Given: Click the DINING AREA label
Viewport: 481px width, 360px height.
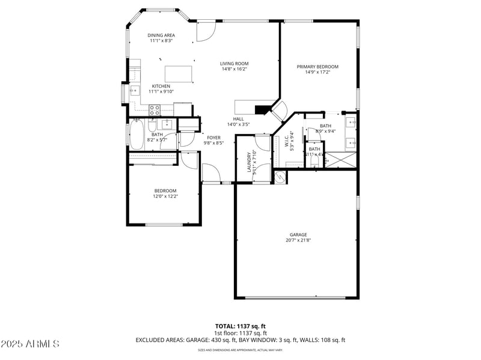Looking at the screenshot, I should click(x=161, y=35).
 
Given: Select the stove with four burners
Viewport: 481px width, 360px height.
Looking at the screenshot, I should click(x=154, y=109).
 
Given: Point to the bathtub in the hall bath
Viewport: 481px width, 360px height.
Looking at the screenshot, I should click(x=137, y=135).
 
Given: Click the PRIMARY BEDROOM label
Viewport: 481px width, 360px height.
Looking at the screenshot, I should click(x=317, y=67).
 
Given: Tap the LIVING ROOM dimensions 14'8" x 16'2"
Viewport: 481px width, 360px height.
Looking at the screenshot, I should click(x=234, y=69).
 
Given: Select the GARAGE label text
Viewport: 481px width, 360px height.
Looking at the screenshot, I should click(x=298, y=234).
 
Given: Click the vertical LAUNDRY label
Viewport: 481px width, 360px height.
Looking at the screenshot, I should click(x=248, y=162).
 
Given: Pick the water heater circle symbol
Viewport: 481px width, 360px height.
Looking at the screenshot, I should click(x=279, y=177).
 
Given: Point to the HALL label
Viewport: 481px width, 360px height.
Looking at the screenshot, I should click(x=238, y=119).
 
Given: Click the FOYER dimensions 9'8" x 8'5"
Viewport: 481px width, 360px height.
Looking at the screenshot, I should click(x=213, y=143).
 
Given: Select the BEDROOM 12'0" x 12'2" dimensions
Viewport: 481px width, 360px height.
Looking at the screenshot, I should click(x=165, y=196).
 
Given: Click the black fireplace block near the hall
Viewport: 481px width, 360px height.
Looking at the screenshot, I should click(x=262, y=109).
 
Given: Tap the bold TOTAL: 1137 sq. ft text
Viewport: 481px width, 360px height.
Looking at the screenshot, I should click(x=240, y=326).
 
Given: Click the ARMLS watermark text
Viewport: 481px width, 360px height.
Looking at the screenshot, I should click(x=30, y=344).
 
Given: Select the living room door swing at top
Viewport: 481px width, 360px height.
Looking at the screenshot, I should click(x=206, y=30).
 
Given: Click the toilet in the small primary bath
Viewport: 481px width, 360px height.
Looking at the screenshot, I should click(x=314, y=160).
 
